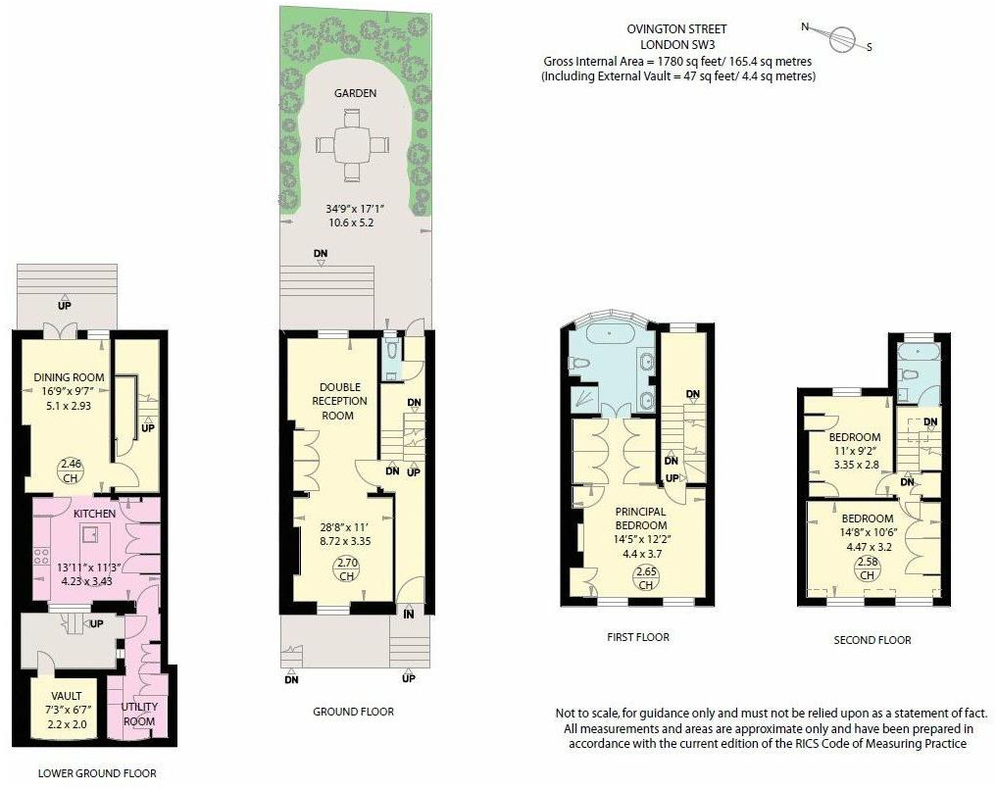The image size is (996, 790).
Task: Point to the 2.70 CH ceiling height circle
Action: click(x=347, y=568)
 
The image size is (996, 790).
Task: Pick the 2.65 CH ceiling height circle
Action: click(x=645, y=578)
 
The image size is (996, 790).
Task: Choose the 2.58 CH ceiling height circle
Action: click(x=867, y=568)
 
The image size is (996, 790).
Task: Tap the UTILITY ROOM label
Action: click(x=139, y=714)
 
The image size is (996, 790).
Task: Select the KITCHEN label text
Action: click(x=94, y=514)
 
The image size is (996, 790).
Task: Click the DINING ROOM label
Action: click(x=63, y=378)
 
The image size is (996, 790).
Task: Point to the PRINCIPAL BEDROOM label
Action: click(x=640, y=518)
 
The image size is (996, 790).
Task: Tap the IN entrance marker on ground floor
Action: click(x=409, y=615)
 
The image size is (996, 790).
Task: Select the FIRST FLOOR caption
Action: click(x=637, y=637)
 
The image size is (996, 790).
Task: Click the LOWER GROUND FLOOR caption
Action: click(x=96, y=773)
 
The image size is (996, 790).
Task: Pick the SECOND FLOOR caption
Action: click(x=871, y=640)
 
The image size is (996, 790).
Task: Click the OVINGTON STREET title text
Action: click(x=676, y=29)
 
